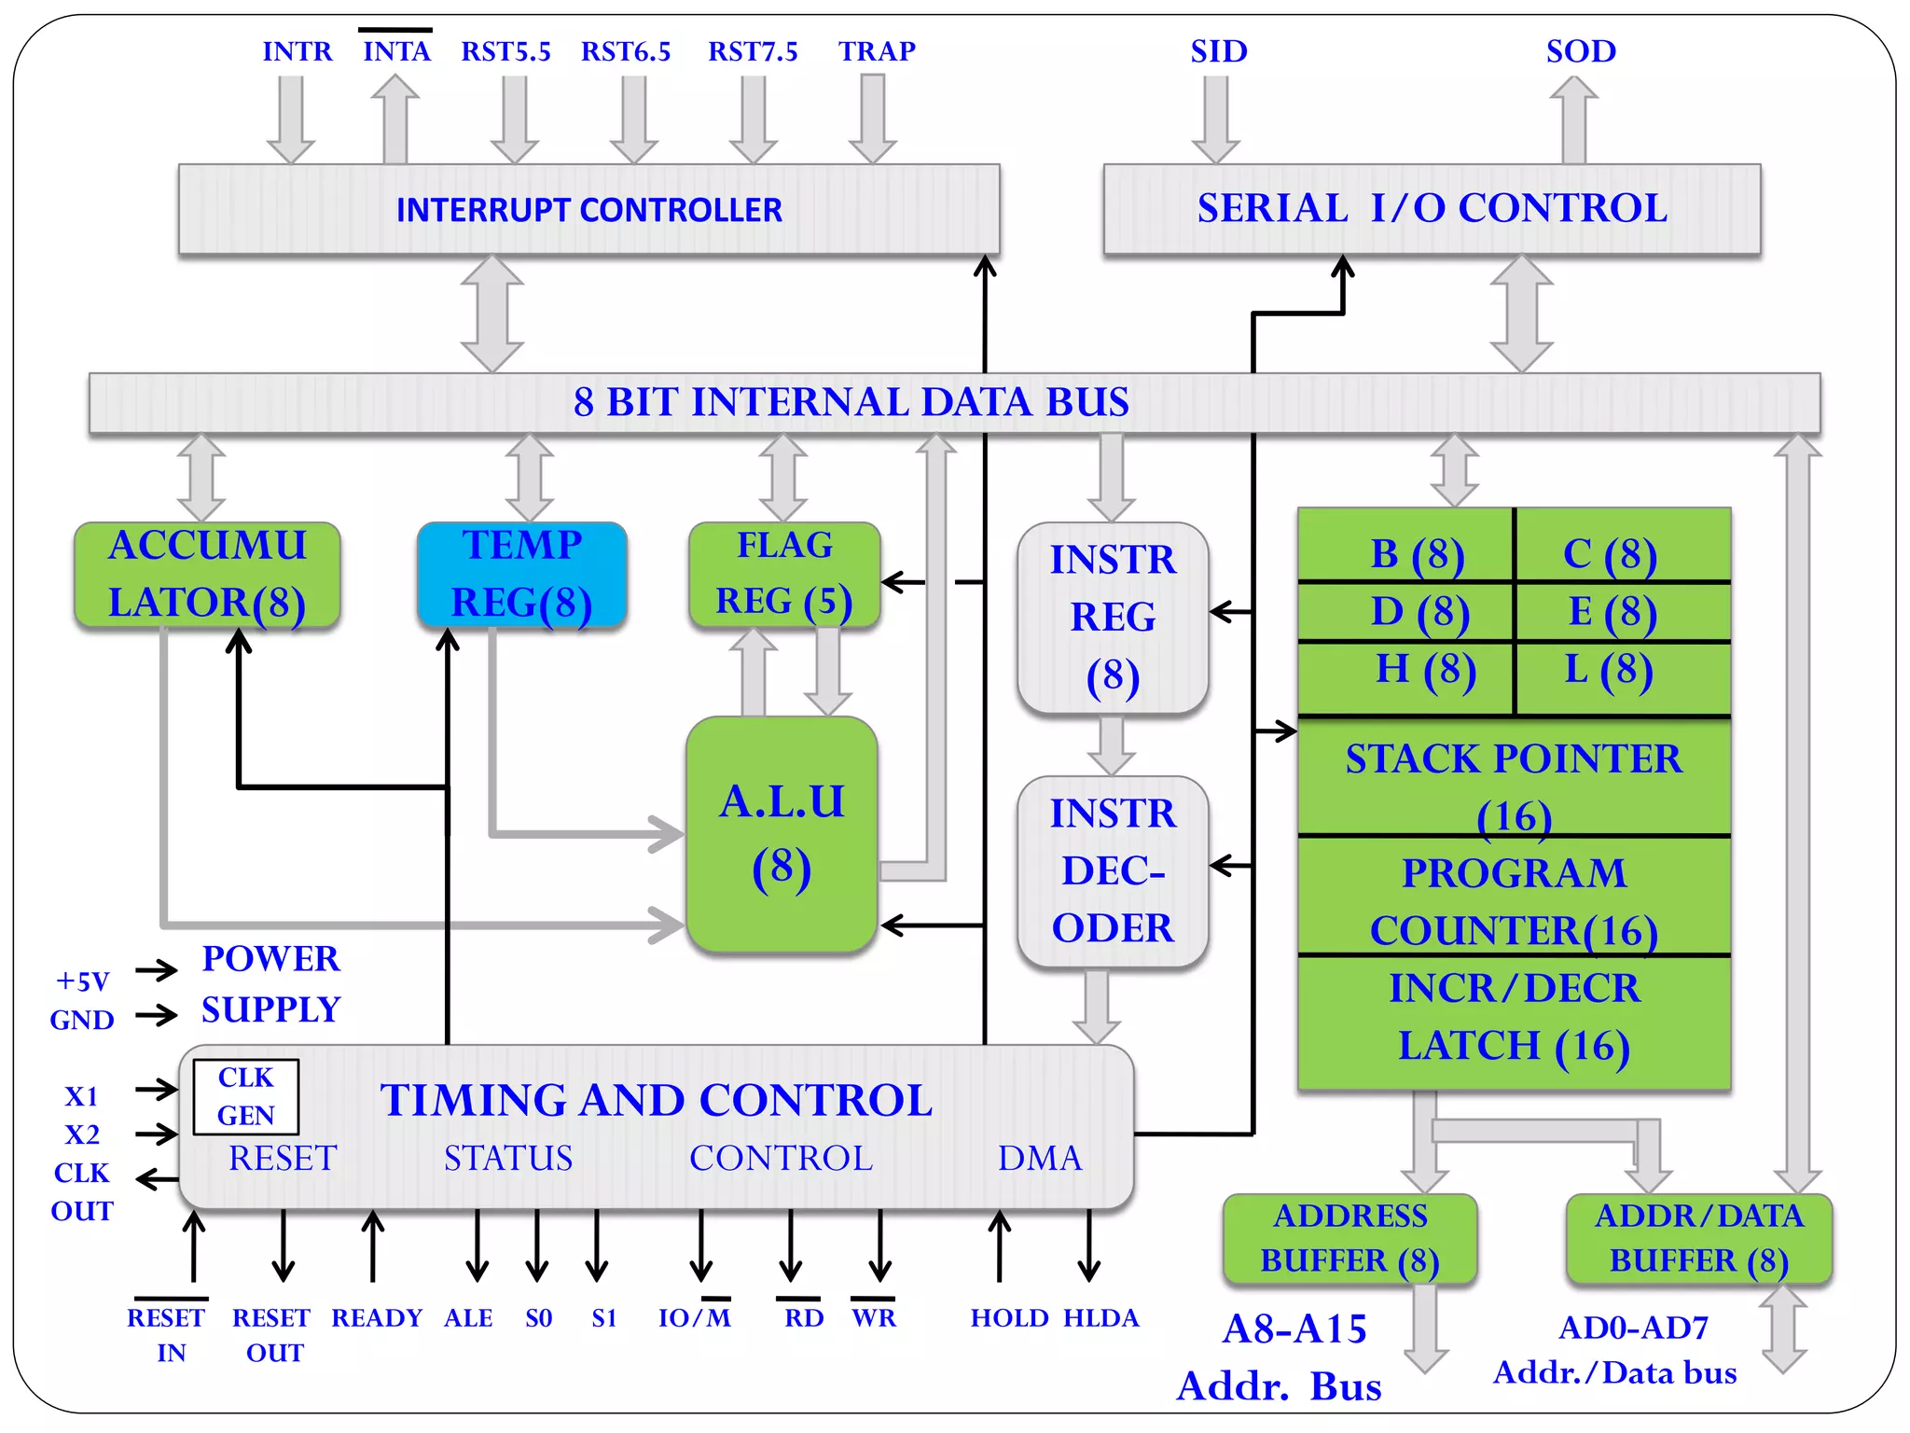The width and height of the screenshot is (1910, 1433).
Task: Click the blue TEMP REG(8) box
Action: (522, 574)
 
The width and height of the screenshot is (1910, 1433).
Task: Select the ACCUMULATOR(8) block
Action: (207, 574)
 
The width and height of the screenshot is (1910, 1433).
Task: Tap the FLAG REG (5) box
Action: (783, 574)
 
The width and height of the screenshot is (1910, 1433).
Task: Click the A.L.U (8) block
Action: (782, 835)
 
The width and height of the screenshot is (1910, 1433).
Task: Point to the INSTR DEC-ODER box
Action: (1113, 870)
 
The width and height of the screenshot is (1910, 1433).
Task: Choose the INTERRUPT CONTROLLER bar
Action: (588, 209)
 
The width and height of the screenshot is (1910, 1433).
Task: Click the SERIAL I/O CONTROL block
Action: (1432, 208)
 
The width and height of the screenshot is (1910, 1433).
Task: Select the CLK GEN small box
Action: (246, 1096)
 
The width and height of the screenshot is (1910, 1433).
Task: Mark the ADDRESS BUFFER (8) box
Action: (1349, 1238)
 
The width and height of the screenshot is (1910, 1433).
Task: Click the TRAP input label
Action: (876, 51)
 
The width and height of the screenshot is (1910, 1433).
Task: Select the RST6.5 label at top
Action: (626, 51)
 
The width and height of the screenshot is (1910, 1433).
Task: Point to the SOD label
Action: (1581, 51)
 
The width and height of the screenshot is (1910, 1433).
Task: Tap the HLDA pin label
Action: (1100, 1317)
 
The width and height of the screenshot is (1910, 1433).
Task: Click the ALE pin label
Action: (468, 1317)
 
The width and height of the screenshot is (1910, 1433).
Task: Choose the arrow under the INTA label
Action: (395, 119)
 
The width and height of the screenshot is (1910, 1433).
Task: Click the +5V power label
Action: (83, 981)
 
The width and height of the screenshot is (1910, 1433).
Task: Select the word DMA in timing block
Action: (1040, 1158)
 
